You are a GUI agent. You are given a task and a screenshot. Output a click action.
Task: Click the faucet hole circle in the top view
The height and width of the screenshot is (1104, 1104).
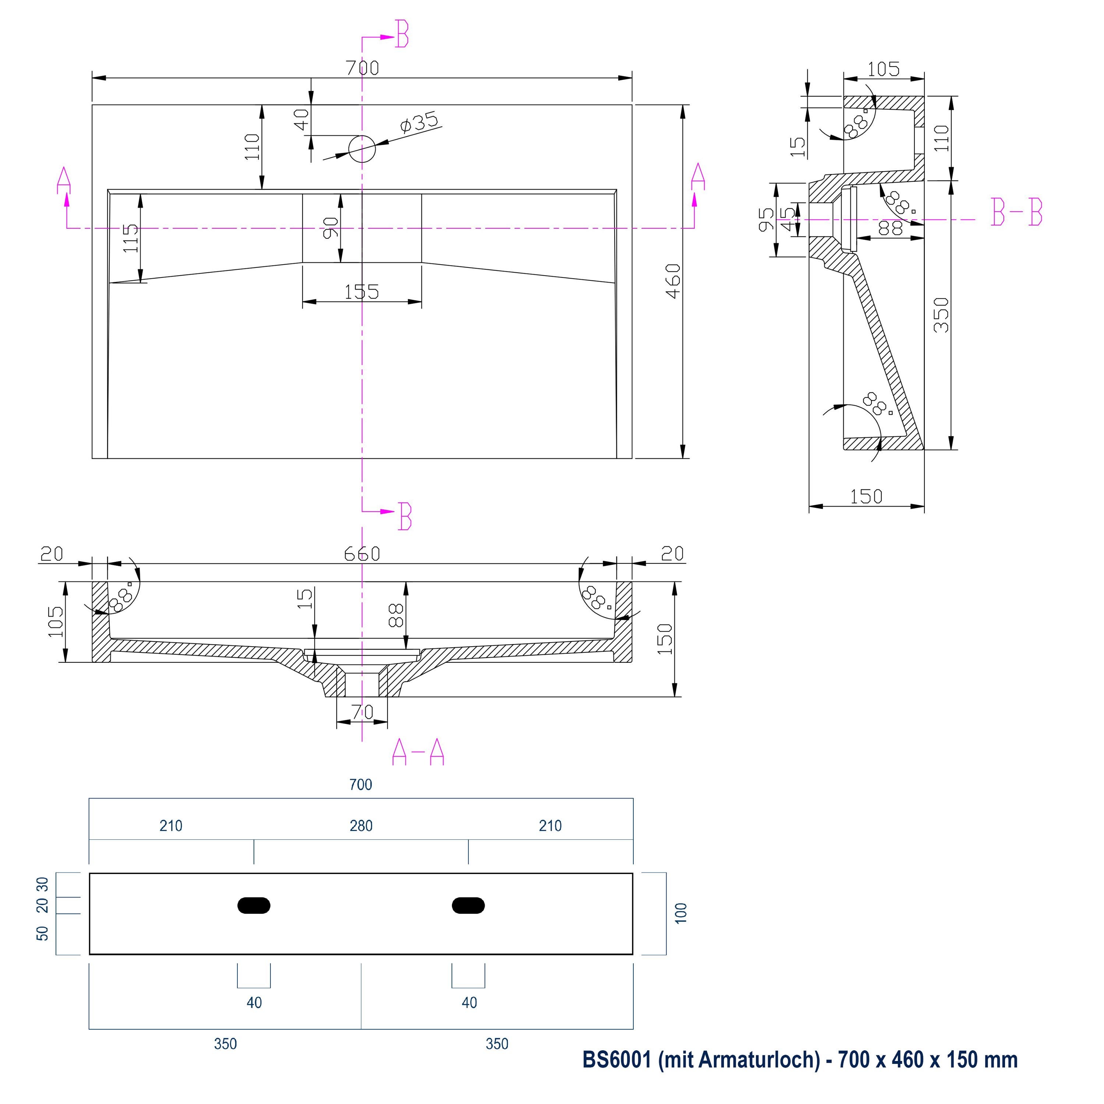[362, 149]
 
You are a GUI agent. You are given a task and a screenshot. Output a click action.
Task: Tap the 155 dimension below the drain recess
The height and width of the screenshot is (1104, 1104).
[362, 292]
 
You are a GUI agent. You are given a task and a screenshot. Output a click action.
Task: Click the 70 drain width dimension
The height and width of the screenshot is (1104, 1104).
[362, 712]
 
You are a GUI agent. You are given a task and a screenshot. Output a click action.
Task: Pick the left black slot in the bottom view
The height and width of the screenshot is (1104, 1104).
[254, 905]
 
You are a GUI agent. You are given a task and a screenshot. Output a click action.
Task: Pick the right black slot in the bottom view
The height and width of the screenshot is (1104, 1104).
[468, 905]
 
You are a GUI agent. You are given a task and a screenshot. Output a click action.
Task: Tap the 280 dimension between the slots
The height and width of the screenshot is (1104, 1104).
[361, 826]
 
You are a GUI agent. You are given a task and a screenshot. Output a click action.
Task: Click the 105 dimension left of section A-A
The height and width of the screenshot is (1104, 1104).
[56, 622]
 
